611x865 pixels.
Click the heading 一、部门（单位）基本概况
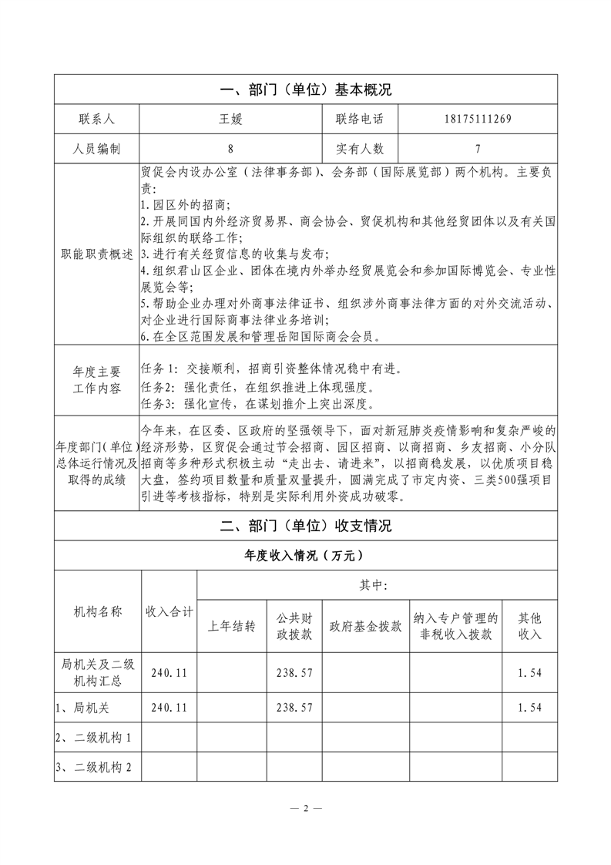coord(306,89)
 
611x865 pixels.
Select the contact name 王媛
coord(231,119)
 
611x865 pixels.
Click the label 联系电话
coord(360,119)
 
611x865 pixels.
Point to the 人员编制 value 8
coord(231,149)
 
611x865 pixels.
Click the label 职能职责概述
coord(96,254)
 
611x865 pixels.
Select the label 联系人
coord(96,119)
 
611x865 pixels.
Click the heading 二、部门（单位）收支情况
coord(306,527)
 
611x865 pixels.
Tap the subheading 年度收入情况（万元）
coord(306,555)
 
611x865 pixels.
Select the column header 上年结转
coord(232,626)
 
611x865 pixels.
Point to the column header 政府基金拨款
coord(365,626)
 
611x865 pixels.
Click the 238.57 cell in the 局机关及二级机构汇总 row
coord(294,672)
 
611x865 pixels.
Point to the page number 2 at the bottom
coord(306,808)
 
